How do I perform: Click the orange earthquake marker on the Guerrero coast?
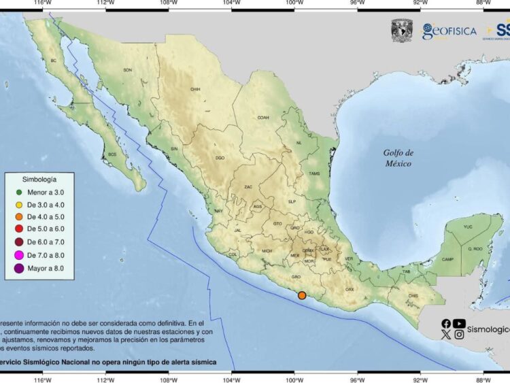coord(302,295)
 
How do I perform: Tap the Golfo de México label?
coord(398,158)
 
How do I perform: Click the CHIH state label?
coord(196,89)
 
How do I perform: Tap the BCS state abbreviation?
coord(113,154)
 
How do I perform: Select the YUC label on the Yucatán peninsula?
coord(467,227)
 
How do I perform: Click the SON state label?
coord(127,70)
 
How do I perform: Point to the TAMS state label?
coord(314,173)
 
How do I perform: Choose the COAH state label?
coord(263,117)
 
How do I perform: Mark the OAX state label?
coord(350,289)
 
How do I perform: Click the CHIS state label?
coord(413,295)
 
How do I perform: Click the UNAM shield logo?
coord(402,31)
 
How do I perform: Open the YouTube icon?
coord(460,324)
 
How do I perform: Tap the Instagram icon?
coord(460,334)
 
